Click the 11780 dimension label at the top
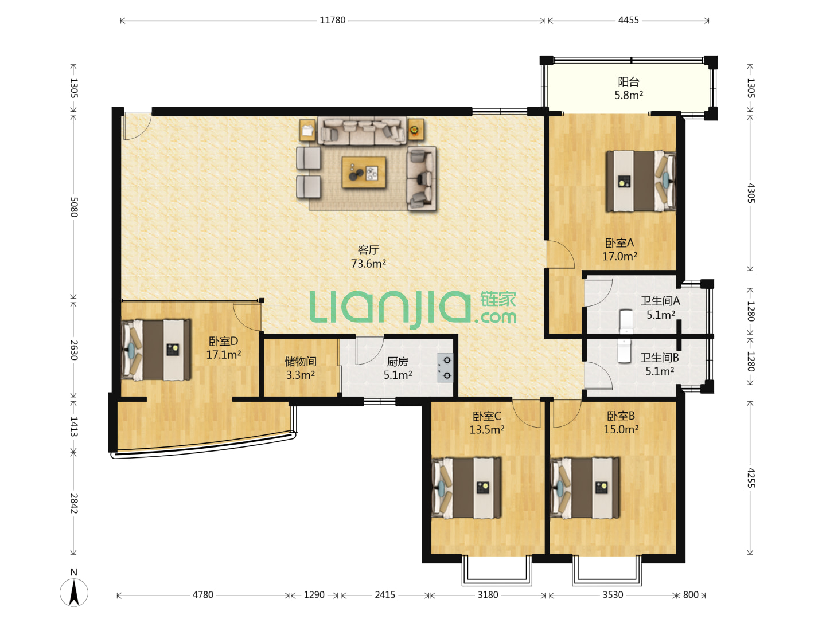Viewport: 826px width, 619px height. [x=332, y=20]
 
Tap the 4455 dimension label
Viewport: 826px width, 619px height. [x=629, y=20]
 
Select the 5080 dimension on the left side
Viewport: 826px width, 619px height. [x=74, y=207]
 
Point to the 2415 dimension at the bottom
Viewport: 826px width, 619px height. [x=385, y=595]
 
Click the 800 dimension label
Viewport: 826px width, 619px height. [x=691, y=595]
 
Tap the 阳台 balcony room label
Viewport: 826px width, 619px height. [x=629, y=81]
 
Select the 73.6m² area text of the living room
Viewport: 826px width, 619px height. [x=368, y=264]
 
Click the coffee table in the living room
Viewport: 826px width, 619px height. [x=364, y=172]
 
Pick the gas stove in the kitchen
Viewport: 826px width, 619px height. [x=445, y=368]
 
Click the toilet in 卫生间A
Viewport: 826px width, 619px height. [x=626, y=322]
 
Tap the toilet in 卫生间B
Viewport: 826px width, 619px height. [x=624, y=351]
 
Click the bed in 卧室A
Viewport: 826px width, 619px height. [x=641, y=181]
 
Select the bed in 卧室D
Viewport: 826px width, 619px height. [x=156, y=350]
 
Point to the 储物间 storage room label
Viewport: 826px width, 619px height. [x=301, y=362]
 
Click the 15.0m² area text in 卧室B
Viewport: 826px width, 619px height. [x=621, y=429]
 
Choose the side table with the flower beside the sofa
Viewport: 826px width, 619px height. [x=415, y=130]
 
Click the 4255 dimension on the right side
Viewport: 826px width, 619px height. [x=750, y=478]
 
